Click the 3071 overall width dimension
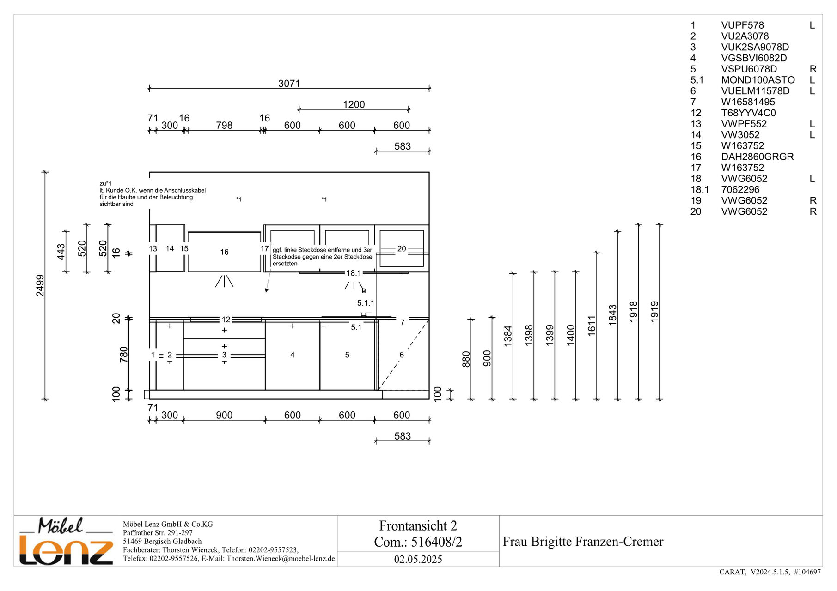tap(289, 84)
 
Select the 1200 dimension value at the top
tap(354, 105)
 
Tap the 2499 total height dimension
tap(40, 285)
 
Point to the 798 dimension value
tap(224, 126)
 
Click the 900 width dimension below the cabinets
tap(224, 416)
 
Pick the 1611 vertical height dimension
tap(592, 326)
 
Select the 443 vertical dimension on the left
tap(61, 252)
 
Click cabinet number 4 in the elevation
tap(292, 355)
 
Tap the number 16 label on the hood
tap(224, 252)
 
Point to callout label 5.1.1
tap(366, 303)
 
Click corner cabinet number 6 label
tap(402, 355)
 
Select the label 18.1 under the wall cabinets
tap(354, 273)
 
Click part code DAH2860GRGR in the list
tap(757, 157)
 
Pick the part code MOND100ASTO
tap(758, 80)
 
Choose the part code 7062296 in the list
tap(740, 190)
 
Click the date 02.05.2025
tap(418, 560)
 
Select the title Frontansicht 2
tap(418, 526)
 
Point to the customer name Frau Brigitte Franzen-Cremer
tap(583, 542)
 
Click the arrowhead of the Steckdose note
tap(267, 290)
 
